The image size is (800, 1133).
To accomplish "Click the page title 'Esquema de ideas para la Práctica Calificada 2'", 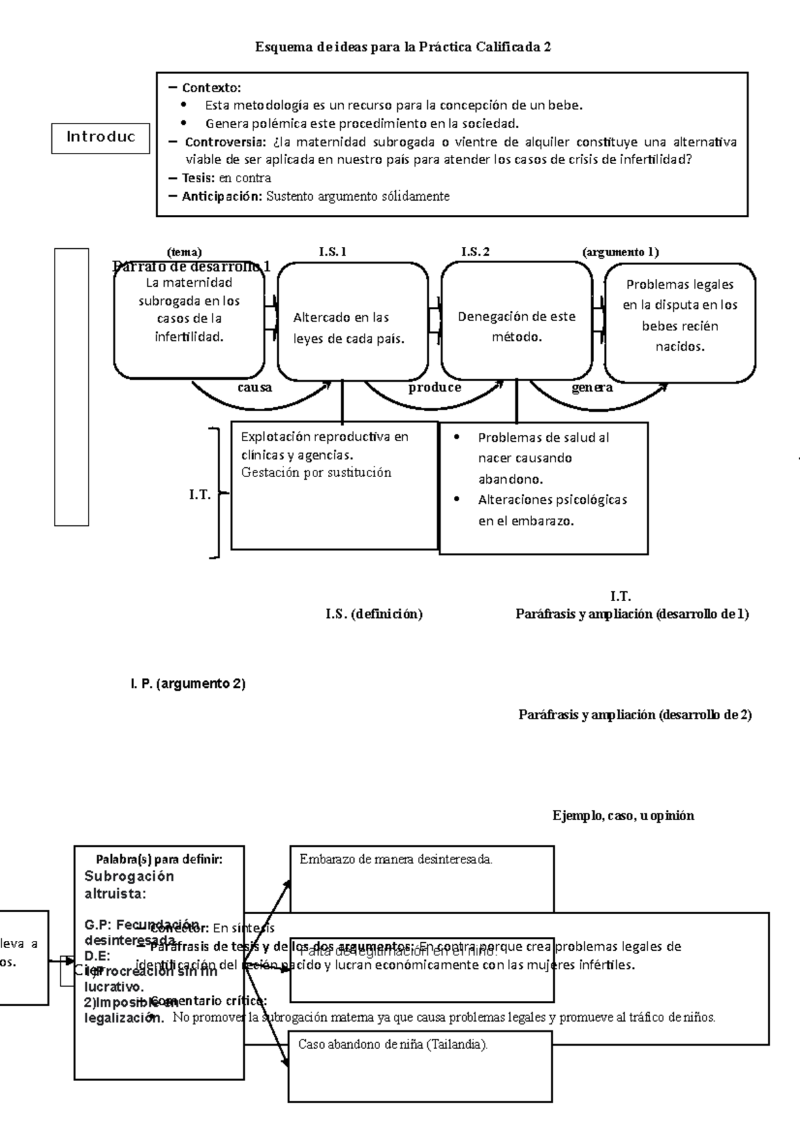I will [403, 47].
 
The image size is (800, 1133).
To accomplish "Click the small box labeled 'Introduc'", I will [101, 137].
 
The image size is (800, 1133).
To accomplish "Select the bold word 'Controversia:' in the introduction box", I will [225, 142].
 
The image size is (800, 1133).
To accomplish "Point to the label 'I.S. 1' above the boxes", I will [333, 252].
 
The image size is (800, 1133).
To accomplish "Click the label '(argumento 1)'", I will [620, 252].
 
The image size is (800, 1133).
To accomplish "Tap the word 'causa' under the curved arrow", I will [255, 388].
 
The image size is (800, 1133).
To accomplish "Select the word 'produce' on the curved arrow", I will [435, 388].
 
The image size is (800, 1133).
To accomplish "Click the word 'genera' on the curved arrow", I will [592, 388].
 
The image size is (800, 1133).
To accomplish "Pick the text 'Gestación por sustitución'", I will [316, 472].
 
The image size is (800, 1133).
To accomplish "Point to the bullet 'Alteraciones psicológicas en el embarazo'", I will [552, 510].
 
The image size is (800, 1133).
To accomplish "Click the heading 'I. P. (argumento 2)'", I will [187, 684].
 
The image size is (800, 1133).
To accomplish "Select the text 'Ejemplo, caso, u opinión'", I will [623, 815].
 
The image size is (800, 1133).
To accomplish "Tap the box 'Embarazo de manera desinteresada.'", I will [421, 878].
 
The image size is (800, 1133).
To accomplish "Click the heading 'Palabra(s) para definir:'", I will [159, 859].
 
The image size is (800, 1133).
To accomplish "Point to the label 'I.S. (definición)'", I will [374, 614].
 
